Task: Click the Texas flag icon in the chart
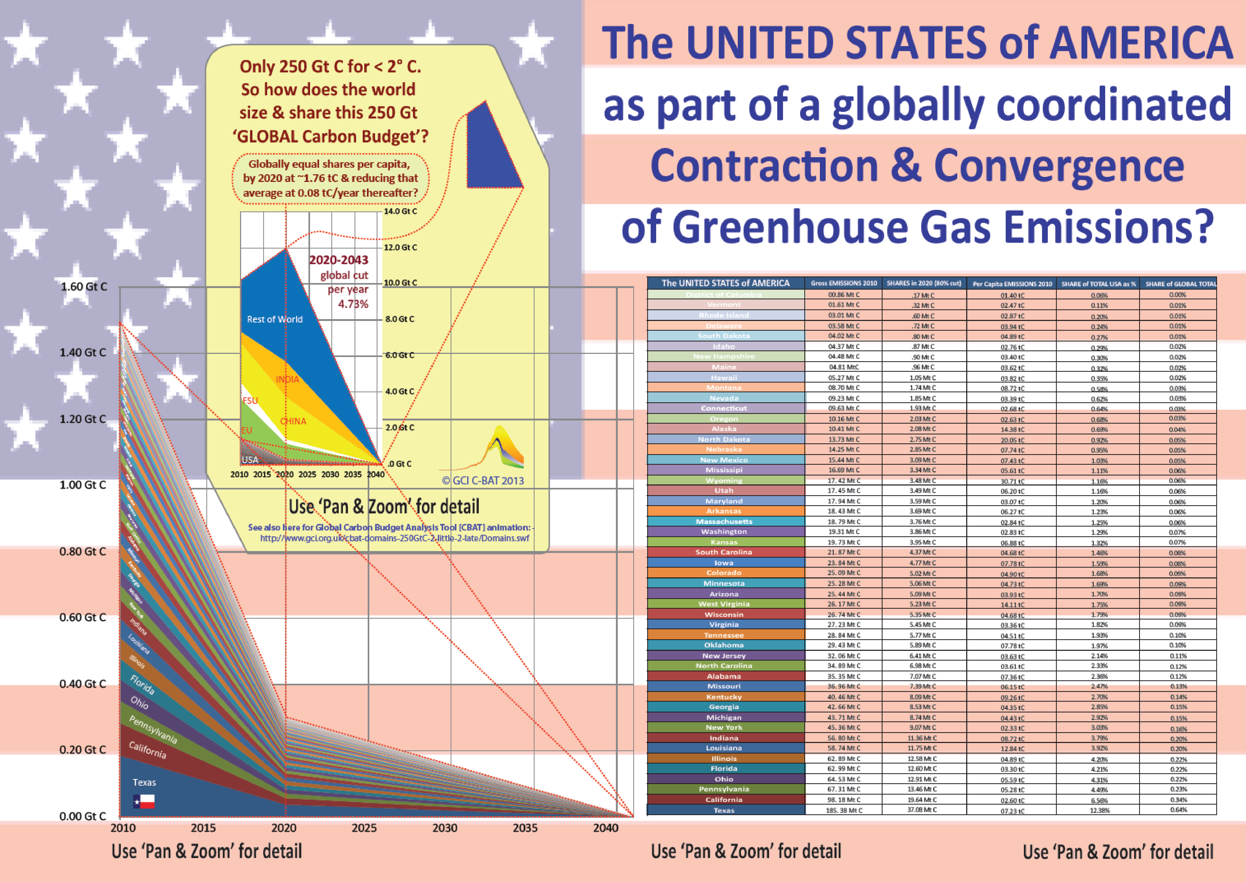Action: point(144,801)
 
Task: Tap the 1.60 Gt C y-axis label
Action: point(84,286)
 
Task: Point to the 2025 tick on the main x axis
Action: point(364,828)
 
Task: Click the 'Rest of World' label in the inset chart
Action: point(275,319)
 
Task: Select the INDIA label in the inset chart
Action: point(287,379)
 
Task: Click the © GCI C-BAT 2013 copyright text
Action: point(483,481)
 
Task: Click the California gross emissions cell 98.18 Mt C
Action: point(843,799)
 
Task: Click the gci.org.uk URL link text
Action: point(394,538)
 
